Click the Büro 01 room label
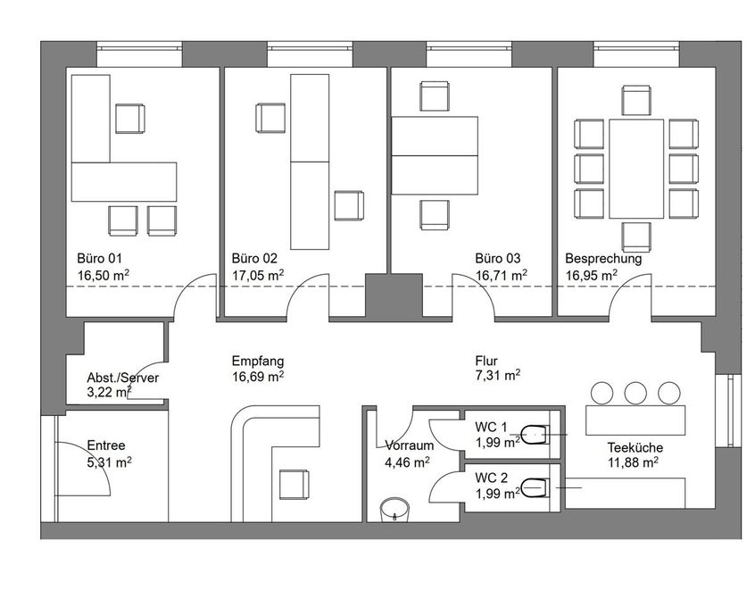100,258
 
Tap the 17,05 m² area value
258,275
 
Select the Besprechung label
603,259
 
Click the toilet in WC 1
535,435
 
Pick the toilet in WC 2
535,487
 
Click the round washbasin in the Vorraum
394,511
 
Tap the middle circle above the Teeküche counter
635,393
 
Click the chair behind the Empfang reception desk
295,485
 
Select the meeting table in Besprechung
636,169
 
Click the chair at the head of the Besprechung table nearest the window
636,100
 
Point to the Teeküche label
635,447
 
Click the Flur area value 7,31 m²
497,375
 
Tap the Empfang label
258,362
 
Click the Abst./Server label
123,378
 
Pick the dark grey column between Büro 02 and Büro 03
394,295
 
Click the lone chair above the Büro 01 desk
130,119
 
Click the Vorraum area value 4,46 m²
407,462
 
